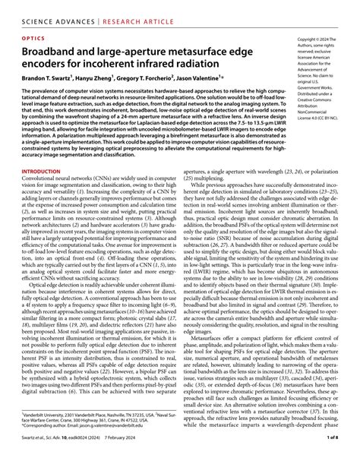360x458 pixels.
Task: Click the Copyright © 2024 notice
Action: (317, 37)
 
